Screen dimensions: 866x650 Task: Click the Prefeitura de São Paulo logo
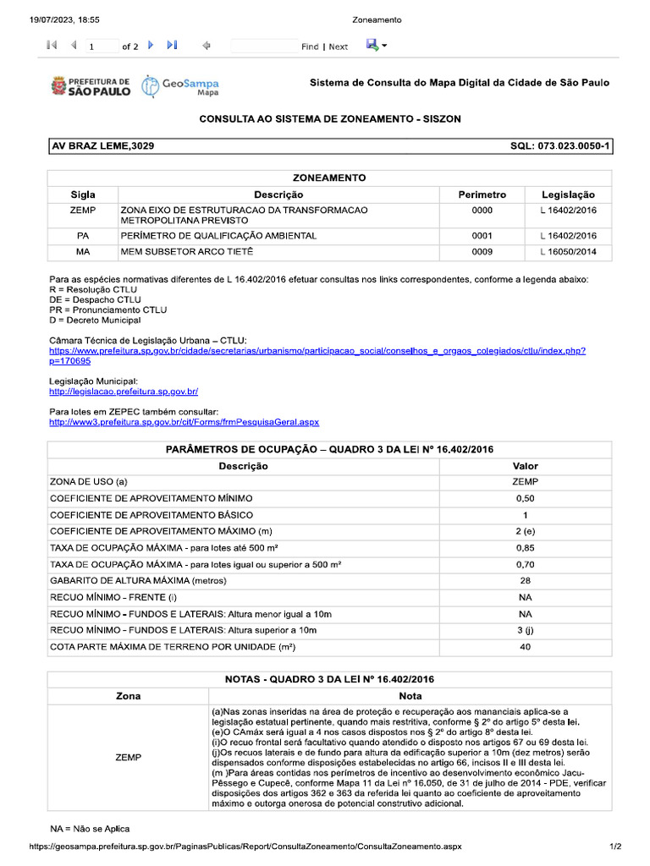91,85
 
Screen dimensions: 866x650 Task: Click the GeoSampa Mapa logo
179,85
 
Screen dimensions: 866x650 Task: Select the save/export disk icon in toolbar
372,46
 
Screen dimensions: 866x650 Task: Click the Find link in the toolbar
310,47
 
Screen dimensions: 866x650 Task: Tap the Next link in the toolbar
338,47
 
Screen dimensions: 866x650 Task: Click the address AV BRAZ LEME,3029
103,146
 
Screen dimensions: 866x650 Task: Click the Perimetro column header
482,195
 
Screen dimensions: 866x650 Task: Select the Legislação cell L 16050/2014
568,252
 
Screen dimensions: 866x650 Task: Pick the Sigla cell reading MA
82,252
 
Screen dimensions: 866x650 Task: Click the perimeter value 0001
482,236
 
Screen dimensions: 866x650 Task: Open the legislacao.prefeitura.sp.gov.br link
123,392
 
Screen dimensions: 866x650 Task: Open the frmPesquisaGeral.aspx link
184,421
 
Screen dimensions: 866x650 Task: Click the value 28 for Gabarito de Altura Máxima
525,581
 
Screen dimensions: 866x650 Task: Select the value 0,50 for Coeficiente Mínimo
525,499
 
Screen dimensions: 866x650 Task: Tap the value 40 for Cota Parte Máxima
525,647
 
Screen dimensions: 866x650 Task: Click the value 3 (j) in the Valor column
525,630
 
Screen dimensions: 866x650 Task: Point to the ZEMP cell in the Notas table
127,758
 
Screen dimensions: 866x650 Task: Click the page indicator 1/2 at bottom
615,846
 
